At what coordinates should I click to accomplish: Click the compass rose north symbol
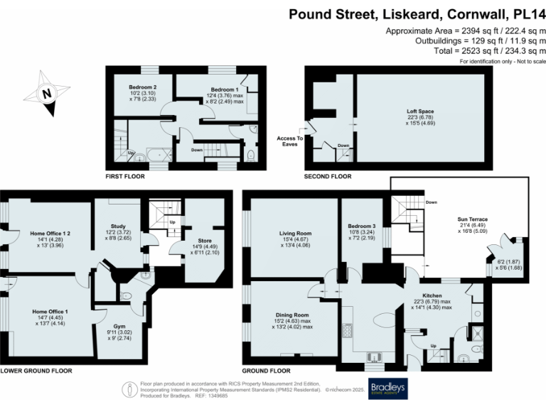pos(47,92)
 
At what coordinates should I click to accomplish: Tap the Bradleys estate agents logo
pos(387,388)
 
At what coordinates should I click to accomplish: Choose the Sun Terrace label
pos(472,219)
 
